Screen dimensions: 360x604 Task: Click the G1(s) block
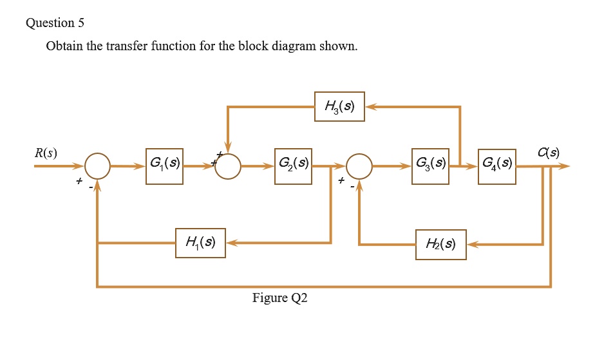[164, 166]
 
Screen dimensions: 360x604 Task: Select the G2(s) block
[293, 166]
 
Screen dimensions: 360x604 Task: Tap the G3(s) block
[429, 166]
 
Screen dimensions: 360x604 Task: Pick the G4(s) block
[496, 166]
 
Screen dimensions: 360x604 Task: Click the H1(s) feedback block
[200, 243]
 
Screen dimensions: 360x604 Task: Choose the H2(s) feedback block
[440, 244]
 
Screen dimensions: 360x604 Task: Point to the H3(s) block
[339, 106]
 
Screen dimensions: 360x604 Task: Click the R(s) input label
[46, 153]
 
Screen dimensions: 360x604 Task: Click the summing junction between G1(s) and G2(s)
[227, 166]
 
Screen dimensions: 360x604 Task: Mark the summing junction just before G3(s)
[359, 166]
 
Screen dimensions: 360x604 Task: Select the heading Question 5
[55, 23]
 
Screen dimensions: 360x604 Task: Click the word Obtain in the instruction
[63, 47]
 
